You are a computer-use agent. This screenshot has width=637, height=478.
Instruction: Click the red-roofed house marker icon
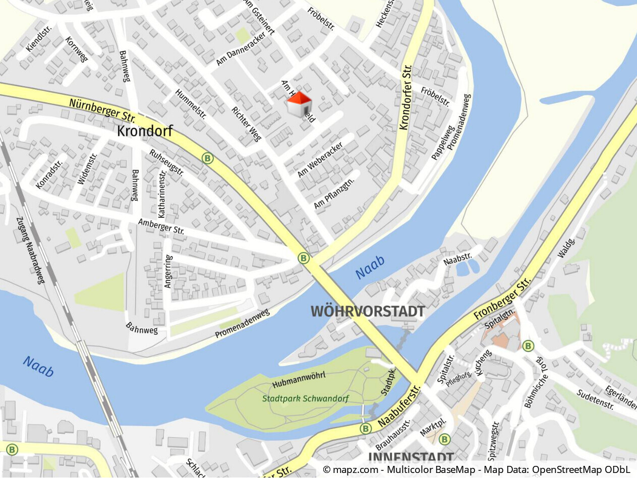point(300,104)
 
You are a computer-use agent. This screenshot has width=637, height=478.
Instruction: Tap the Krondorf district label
point(145,132)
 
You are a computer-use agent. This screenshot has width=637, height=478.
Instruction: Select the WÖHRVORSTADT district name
point(368,312)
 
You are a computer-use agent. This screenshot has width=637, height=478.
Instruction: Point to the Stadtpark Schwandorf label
point(306,399)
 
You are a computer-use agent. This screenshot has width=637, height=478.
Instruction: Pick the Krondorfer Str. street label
point(406,97)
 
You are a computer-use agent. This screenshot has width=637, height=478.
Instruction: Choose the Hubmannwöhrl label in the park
point(299,379)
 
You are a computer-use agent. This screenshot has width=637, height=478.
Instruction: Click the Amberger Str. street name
point(161,226)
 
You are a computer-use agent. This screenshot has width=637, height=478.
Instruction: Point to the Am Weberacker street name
point(320,159)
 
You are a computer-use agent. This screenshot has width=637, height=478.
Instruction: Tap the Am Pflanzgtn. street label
point(334,193)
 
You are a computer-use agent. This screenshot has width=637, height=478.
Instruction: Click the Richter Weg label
point(247,124)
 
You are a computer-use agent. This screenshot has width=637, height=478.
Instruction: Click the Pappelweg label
point(440,143)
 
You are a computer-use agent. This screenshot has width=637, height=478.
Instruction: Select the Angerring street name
point(168,271)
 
